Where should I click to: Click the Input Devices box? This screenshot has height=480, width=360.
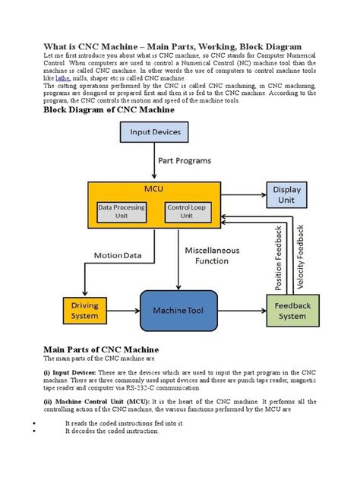coord(156,131)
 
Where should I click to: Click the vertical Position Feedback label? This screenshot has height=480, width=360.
coord(278,258)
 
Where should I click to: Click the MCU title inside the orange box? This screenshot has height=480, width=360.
coord(156,189)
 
